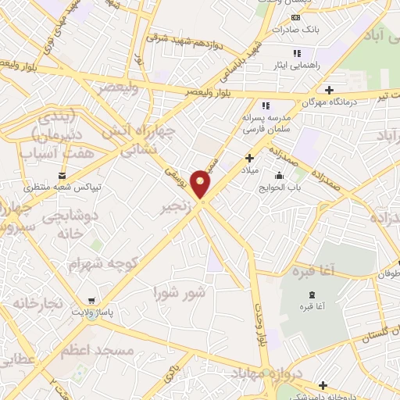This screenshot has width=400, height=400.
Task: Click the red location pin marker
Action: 202,184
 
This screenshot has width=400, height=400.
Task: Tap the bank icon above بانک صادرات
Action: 295,18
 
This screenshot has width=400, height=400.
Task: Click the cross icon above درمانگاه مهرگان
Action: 329,90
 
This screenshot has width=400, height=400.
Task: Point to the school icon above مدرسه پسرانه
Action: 266,105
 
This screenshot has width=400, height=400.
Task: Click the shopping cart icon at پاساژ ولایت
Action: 92,301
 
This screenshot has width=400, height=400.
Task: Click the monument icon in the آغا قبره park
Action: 312,295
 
